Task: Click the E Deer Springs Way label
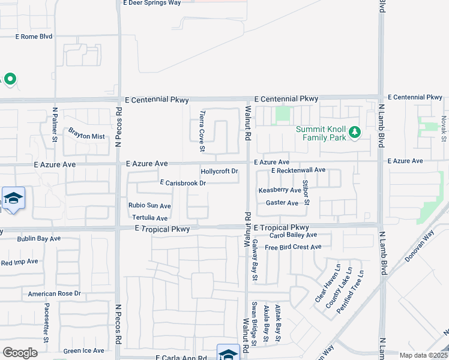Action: click(x=151, y=3)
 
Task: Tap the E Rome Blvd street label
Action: click(x=34, y=37)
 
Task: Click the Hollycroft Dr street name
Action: click(x=220, y=172)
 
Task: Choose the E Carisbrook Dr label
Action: click(x=183, y=183)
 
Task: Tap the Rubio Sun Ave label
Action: click(x=149, y=206)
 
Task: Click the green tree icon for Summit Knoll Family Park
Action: click(x=355, y=131)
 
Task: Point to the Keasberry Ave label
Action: click(x=279, y=190)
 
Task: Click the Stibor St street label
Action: click(x=306, y=192)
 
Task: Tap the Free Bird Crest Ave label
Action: click(x=293, y=247)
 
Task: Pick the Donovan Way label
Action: click(x=423, y=228)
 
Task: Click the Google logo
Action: click(x=20, y=353)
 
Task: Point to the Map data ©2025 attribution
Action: click(x=424, y=355)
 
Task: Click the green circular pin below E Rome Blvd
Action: click(x=10, y=79)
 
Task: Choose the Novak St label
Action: click(x=444, y=128)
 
